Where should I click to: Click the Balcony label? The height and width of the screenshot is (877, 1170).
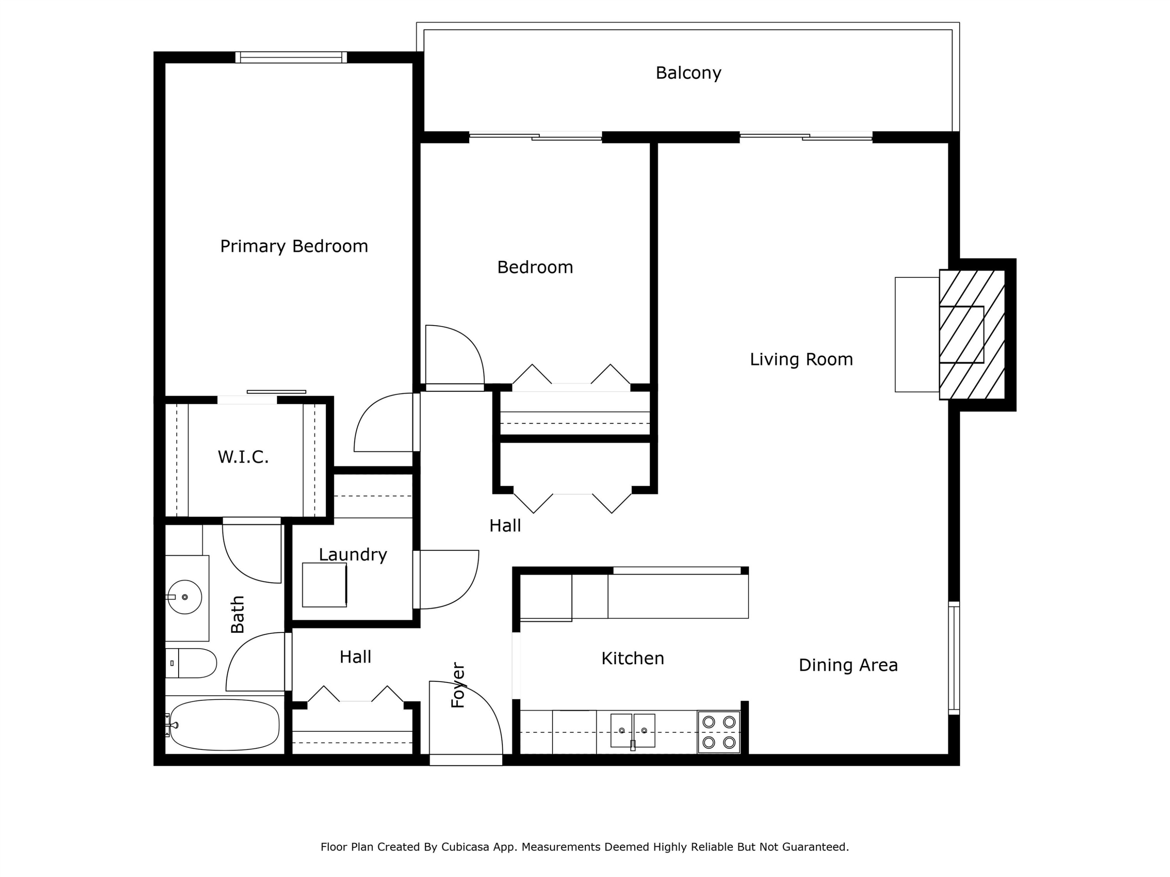coord(688,73)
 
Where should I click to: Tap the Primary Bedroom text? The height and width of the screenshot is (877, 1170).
coord(294,246)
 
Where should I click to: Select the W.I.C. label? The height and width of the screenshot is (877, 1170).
coord(243,457)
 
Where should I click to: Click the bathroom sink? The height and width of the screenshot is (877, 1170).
coord(184,597)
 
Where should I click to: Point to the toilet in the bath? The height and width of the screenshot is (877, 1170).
coord(191,663)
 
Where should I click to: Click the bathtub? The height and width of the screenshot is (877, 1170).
coord(224,725)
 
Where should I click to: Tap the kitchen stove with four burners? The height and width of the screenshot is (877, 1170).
coord(718,732)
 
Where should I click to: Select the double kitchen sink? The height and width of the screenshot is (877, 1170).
coord(633,730)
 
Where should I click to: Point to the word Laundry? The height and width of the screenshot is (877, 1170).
coord(353,555)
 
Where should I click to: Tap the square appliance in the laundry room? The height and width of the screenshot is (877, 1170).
coord(324,585)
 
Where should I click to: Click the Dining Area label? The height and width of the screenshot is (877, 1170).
coord(848,665)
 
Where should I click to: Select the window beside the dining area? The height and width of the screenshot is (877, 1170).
coord(954,658)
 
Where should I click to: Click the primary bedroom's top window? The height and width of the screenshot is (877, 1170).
coord(291,57)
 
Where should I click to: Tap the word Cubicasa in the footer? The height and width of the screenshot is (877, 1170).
coord(465,847)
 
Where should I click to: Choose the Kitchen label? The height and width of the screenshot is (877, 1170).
coord(633,658)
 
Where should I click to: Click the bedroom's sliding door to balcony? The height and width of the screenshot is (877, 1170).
coord(535,137)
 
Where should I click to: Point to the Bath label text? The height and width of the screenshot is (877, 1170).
coord(238,614)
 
